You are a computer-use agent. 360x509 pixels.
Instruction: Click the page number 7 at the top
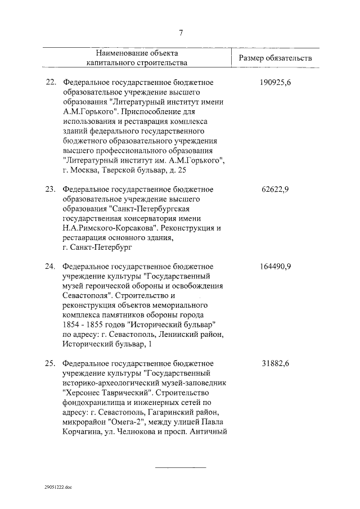tap(181, 33)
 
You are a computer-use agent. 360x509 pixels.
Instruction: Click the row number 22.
tap(50, 83)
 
